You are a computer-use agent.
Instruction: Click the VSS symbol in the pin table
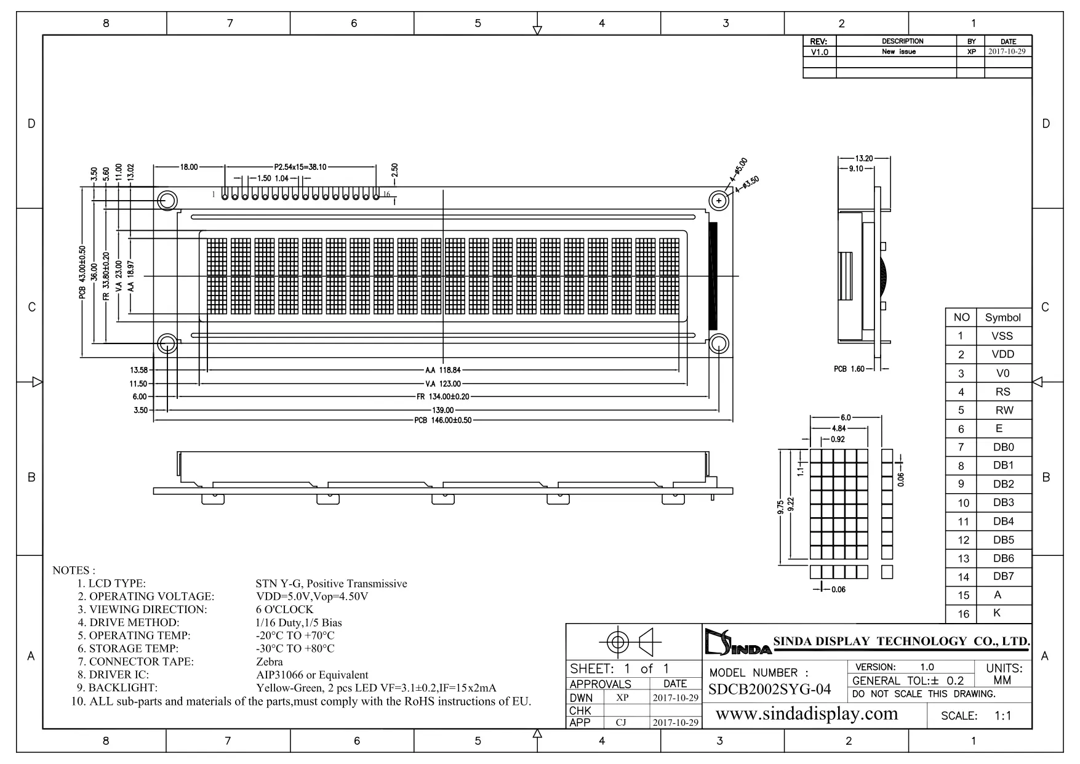[x=1002, y=336]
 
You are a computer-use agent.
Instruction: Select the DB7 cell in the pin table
[x=1003, y=576]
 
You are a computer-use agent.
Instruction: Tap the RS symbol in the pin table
[x=1003, y=392]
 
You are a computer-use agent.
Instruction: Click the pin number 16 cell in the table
[x=963, y=614]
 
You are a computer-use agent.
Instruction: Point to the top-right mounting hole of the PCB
[x=719, y=201]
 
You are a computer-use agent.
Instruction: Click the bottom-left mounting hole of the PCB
[x=167, y=344]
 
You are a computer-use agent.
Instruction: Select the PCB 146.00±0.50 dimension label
[x=442, y=420]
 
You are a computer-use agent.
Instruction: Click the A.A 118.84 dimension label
[x=442, y=371]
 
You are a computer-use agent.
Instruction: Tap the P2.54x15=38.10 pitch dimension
[x=300, y=167]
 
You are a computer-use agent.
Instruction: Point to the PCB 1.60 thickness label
[x=849, y=369]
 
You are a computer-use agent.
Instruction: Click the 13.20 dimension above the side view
[x=864, y=158]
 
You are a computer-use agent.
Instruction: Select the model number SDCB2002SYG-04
[x=769, y=690]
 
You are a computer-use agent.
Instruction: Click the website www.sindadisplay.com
[x=807, y=714]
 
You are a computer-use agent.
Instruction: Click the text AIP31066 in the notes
[x=280, y=675]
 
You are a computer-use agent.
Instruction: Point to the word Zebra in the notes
[x=270, y=662]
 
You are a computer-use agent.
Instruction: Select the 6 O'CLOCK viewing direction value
[x=285, y=609]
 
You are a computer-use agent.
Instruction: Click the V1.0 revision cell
[x=819, y=52]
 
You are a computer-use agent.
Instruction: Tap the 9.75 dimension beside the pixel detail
[x=780, y=507]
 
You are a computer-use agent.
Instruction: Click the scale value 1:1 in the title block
[x=1003, y=716]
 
